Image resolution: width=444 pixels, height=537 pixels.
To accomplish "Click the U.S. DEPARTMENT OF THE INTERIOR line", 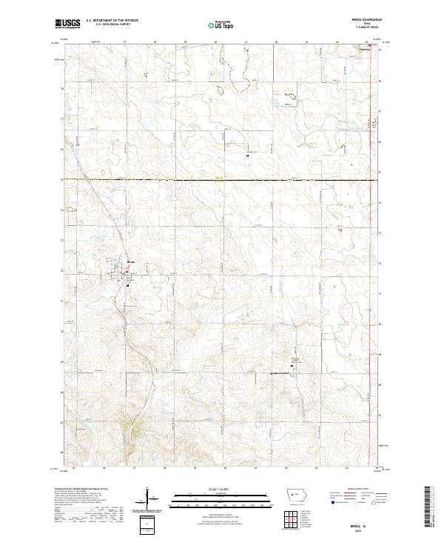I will pos(112,21).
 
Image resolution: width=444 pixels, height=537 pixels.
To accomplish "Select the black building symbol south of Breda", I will pos(128,284).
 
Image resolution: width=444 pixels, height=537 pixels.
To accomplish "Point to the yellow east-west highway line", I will pos(222,180).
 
